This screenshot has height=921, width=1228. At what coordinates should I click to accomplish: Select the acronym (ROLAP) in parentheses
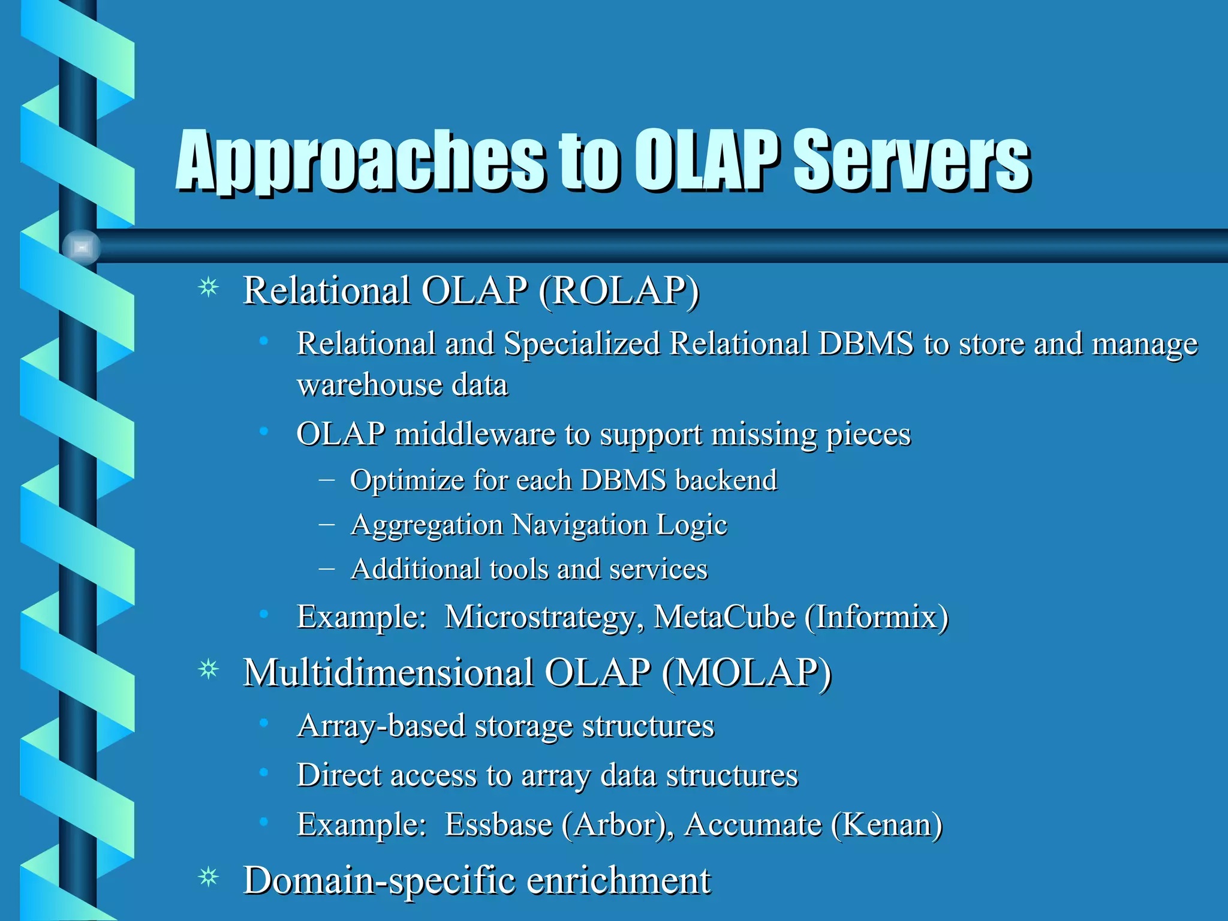619,291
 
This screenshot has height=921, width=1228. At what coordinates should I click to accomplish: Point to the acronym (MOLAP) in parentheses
747,673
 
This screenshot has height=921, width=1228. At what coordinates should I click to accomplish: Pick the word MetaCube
724,618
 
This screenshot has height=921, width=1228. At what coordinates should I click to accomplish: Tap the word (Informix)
877,618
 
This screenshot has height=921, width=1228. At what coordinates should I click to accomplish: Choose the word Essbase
498,825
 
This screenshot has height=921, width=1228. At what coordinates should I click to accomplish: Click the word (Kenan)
887,825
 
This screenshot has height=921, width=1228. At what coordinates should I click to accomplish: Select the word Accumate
753,825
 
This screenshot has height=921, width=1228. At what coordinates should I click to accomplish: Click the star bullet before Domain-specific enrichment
209,878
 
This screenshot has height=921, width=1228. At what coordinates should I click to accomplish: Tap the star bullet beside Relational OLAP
209,288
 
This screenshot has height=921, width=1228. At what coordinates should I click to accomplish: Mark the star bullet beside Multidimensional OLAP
209,669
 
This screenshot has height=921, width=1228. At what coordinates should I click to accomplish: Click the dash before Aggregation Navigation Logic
327,524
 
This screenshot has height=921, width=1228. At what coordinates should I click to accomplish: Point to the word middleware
475,435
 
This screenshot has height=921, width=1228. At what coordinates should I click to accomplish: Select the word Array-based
381,727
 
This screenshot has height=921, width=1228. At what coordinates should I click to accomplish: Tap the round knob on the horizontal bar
82,247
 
